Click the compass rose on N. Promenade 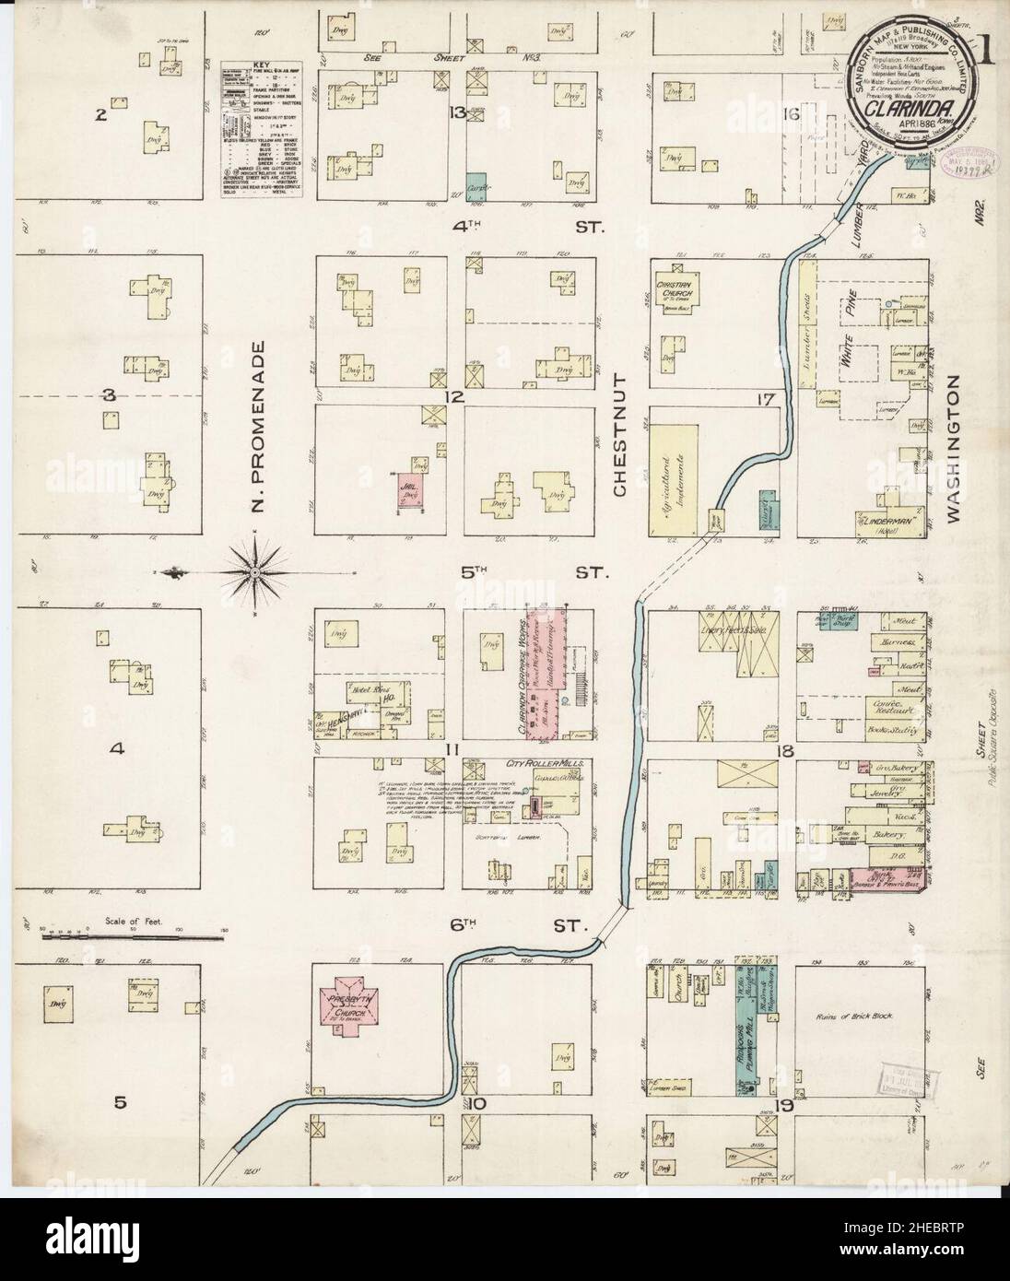click(254, 573)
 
